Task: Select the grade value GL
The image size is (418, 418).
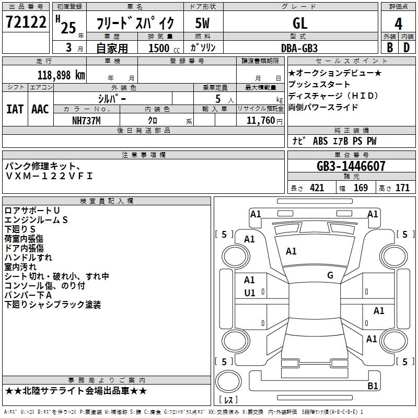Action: coord(300,23)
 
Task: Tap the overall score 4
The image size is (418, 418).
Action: coord(399,24)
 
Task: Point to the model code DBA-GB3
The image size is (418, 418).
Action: coord(299,48)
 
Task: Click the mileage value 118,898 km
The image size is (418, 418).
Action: coord(61,75)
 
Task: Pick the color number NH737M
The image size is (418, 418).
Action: coord(87,120)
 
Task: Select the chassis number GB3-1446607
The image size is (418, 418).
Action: coord(351,167)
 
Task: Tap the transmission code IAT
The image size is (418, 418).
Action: coord(15,109)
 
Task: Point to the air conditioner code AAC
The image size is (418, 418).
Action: coord(40,109)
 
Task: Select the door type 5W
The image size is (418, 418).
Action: coord(203,23)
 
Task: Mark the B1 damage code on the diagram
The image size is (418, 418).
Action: coord(373,386)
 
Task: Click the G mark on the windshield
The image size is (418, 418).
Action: coord(330,275)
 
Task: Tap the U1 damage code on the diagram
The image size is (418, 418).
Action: coord(250,293)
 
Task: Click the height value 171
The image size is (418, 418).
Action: coord(402,188)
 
